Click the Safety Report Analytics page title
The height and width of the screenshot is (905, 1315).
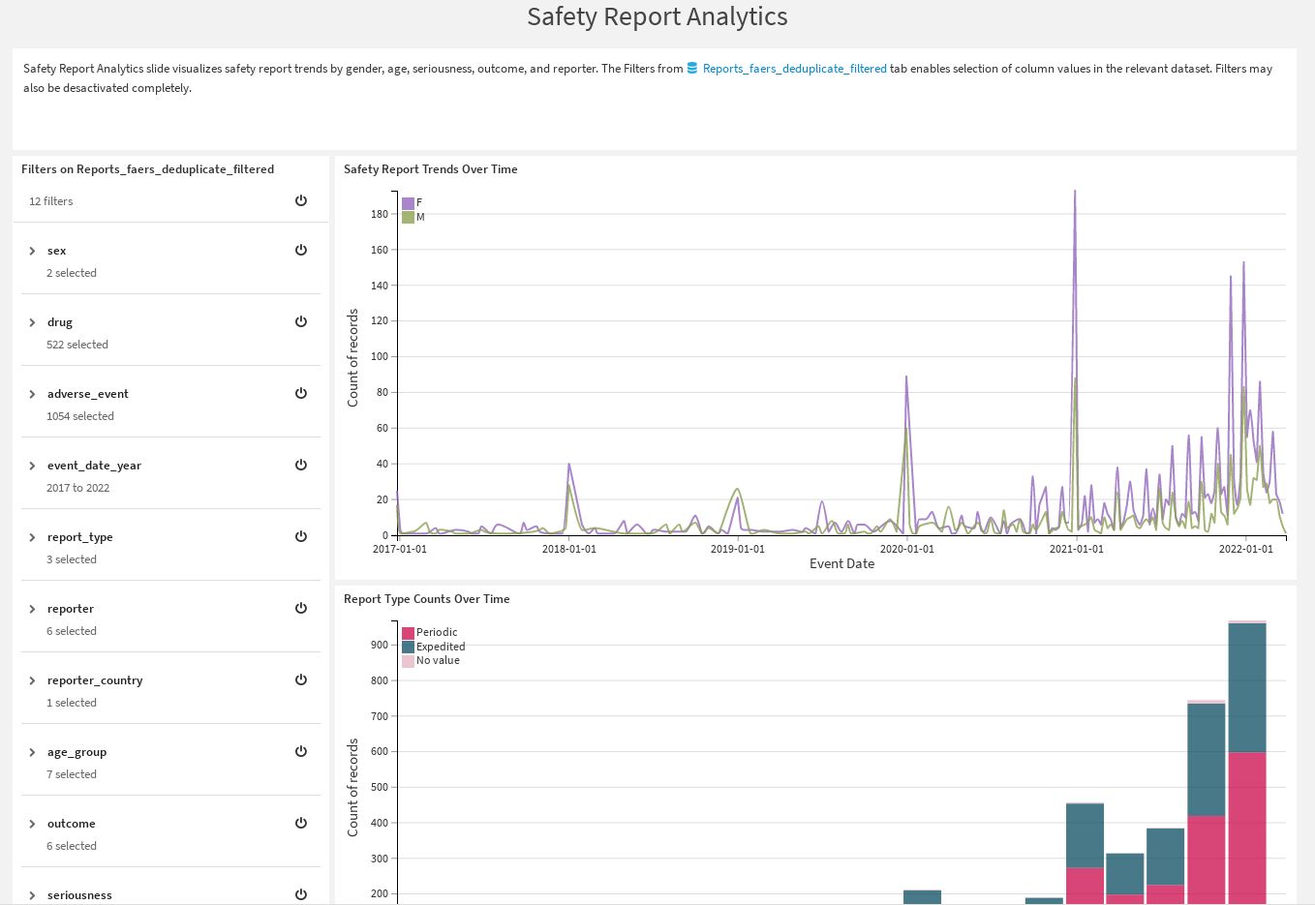(657, 17)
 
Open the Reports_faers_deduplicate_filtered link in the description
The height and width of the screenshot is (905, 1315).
(794, 69)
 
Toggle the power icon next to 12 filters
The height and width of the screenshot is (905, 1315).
(301, 200)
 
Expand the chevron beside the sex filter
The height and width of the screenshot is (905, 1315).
(32, 251)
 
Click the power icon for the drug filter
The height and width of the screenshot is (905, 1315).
(301, 321)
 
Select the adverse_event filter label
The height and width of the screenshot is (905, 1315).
(87, 394)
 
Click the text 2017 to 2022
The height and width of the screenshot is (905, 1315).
(77, 488)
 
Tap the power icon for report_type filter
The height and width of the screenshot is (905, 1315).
(301, 536)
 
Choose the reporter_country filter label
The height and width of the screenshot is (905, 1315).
(94, 680)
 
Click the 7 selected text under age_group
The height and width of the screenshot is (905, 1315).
(71, 774)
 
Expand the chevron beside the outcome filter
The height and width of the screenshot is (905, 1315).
(32, 824)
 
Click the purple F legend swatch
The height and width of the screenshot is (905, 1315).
(408, 203)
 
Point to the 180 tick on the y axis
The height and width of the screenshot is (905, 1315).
(379, 214)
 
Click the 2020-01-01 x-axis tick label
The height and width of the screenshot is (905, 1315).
(906, 549)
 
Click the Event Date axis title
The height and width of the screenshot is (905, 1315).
(841, 564)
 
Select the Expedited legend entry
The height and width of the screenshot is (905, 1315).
(440, 647)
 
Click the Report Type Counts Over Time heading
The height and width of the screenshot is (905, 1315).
(426, 599)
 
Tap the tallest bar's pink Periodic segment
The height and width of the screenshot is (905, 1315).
(1246, 823)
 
